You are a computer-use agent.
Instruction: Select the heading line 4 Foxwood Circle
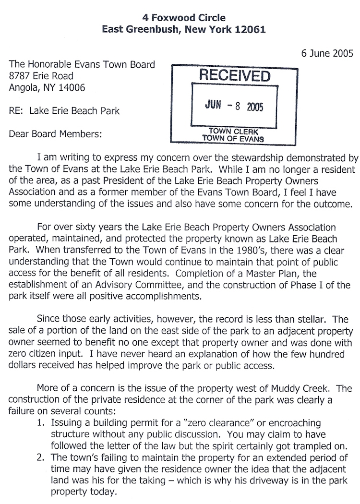[x=184, y=18]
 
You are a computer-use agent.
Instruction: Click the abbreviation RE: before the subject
[x=17, y=111]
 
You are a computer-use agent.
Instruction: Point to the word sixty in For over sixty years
[x=81, y=227]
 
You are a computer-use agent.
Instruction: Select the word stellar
[x=314, y=319]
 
